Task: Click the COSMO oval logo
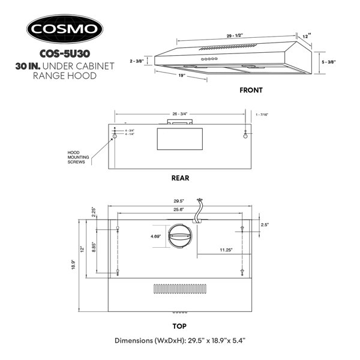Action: [65, 29]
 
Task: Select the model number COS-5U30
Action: [65, 54]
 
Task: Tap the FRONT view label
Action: [251, 90]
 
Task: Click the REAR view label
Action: [180, 178]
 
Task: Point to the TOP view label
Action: [179, 326]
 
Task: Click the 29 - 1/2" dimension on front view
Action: [235, 35]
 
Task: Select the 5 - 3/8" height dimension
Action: [329, 62]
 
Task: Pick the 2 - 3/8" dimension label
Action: [137, 61]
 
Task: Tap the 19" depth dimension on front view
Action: [182, 76]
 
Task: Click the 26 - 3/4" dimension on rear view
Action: [180, 114]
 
